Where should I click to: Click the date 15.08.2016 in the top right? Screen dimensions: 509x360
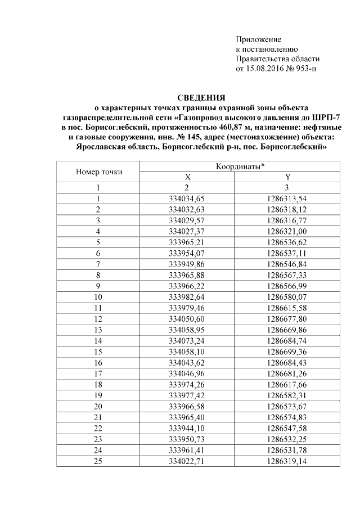point(261,69)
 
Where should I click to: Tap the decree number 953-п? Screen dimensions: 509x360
point(305,69)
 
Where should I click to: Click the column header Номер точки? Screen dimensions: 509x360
point(98,172)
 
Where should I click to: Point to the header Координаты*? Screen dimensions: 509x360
point(241,167)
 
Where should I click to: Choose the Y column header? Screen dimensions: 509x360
point(287,177)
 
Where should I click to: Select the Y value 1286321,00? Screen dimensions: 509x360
point(287,231)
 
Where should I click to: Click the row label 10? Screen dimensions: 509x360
point(98,296)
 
